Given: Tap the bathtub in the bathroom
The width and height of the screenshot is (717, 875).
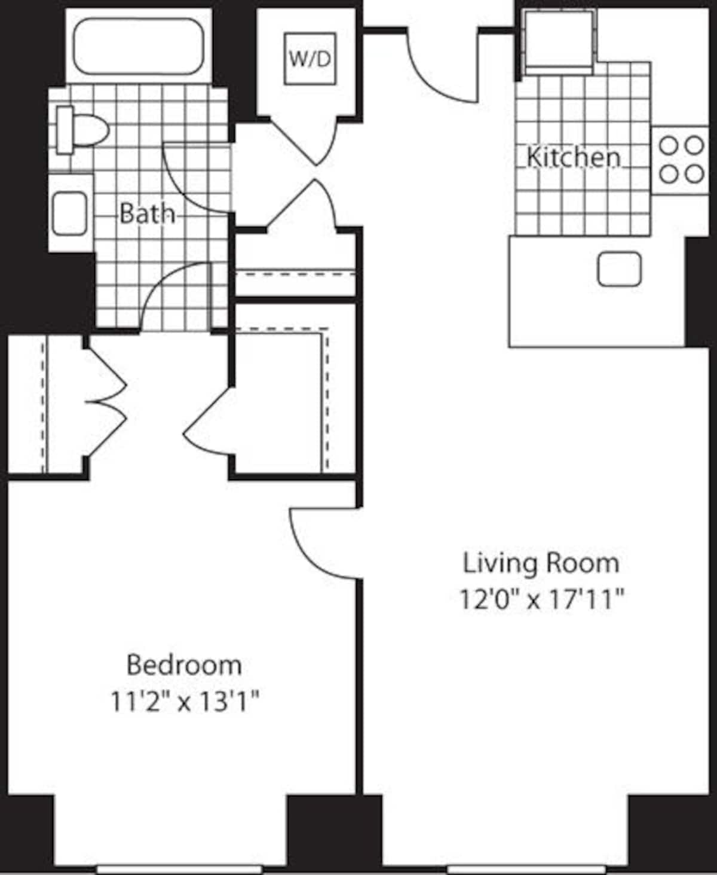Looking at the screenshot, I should tap(139, 47).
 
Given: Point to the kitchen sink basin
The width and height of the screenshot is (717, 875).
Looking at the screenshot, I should tap(619, 269).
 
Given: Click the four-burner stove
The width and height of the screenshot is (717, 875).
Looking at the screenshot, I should tap(681, 160).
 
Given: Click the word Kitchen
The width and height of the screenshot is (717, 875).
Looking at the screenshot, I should tap(573, 157).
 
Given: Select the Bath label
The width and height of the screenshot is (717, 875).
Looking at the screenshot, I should tap(147, 214).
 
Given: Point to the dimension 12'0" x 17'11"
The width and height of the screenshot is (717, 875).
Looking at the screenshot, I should tap(541, 599).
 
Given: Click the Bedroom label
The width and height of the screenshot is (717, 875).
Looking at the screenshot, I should tap(184, 664).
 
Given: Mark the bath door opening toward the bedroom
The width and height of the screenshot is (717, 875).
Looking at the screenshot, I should tap(173, 296).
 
